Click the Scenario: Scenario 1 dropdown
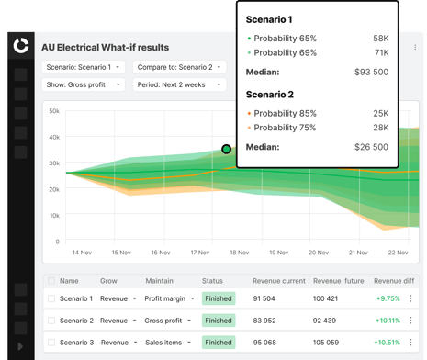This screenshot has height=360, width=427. [84, 67]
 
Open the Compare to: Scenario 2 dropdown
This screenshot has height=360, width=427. [179, 67]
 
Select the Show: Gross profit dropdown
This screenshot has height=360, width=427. [84, 84]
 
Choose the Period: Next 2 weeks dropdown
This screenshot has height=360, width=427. [179, 84]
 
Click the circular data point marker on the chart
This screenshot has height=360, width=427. [226, 149]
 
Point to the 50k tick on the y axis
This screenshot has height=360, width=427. [54, 111]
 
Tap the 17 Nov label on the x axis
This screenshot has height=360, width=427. [200, 253]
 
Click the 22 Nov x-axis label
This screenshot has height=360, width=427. [398, 253]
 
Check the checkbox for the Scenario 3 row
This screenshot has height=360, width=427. [51, 343]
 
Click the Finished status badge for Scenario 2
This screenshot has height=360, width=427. [219, 321]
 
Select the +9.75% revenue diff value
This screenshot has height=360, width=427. [388, 298]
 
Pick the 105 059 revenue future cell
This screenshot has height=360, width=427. [326, 343]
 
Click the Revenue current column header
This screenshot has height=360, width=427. [279, 281]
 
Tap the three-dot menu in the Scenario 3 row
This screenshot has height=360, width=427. [410, 343]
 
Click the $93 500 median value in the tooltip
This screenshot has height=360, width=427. [371, 72]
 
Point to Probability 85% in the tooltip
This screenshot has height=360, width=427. [285, 113]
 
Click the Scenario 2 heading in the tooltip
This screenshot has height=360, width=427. [270, 95]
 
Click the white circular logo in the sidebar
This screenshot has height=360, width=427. [21, 45]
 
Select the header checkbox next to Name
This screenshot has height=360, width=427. [51, 281]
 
